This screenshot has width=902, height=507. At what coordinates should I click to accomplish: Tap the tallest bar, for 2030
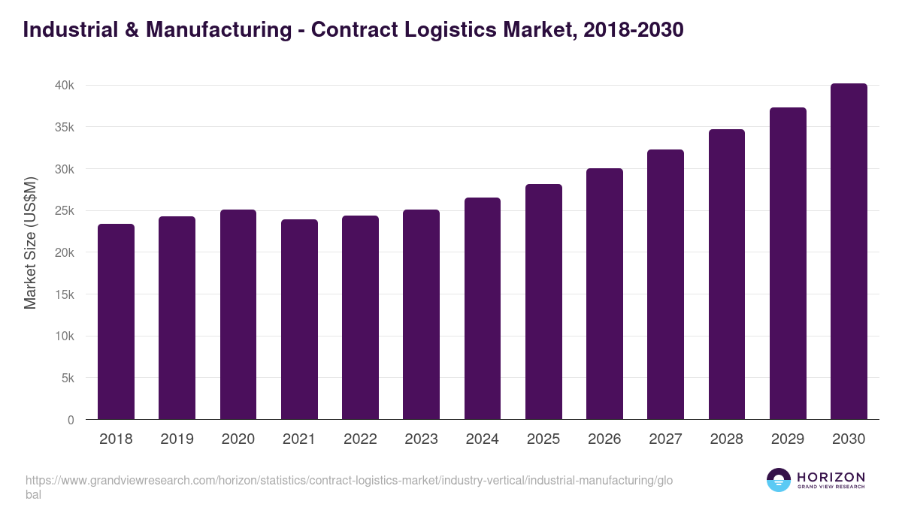pos(849,252)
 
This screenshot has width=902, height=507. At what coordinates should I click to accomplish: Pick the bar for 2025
pos(543,302)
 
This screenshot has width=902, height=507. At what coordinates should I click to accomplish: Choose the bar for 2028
pos(727,274)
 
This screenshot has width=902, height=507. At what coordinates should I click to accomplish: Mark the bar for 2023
pos(421,315)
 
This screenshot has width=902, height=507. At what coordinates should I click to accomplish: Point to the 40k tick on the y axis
pos(64,86)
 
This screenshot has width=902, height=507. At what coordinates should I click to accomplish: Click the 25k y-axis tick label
pos(64,211)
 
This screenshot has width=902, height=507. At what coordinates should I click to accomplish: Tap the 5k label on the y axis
pos(67,379)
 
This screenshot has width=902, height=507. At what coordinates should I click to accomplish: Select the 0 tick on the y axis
pos(71,420)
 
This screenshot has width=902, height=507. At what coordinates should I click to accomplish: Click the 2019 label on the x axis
pos(177,439)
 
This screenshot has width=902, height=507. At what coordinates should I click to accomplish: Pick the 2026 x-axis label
pos(604,439)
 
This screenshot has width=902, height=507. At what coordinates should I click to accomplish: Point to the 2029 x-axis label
pos(788,439)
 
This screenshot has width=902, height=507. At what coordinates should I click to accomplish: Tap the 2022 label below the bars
pos(360,439)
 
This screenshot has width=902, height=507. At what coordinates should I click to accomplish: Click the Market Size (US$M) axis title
pos(30,243)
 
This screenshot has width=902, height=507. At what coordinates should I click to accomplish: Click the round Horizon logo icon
pos(779,481)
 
